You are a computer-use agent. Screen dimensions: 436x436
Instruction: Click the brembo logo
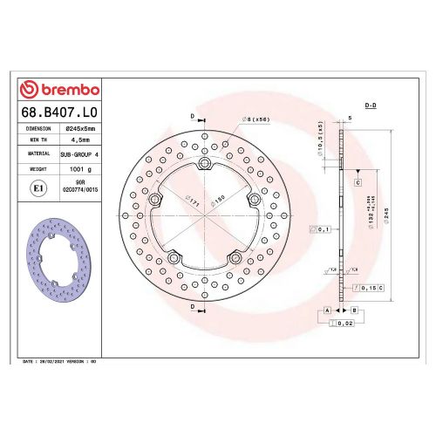[x=59, y=90]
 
